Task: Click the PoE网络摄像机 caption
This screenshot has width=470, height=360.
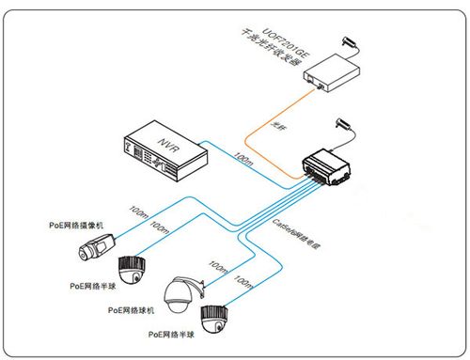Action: click(82, 226)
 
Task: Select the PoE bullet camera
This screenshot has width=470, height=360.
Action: click(98, 247)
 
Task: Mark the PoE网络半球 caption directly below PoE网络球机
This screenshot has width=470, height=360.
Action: click(169, 334)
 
